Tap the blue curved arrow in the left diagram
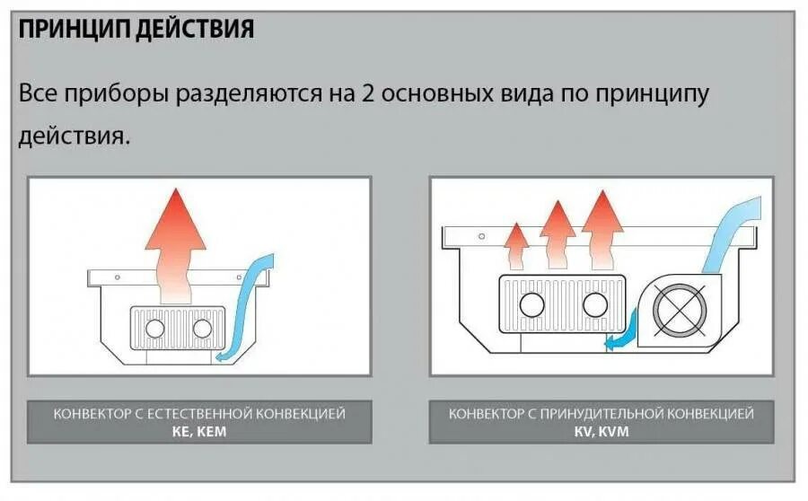[x=242, y=310]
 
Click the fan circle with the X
[x=680, y=310]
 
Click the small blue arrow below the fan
[x=619, y=338]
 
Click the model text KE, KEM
[x=199, y=430]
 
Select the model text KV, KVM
[x=601, y=430]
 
